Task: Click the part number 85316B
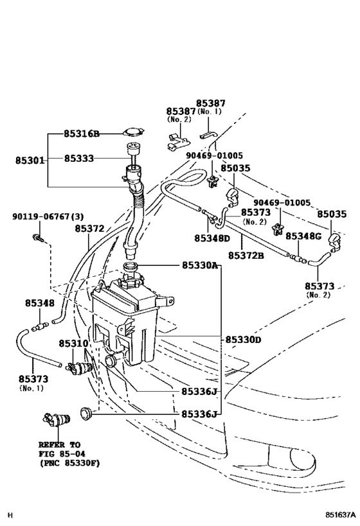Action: click(81, 134)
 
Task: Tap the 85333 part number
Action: click(81, 158)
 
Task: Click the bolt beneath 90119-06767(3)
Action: click(37, 240)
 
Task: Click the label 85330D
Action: click(243, 339)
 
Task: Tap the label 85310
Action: click(73, 344)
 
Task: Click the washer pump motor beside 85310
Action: click(80, 367)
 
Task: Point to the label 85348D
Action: click(212, 238)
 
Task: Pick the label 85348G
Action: click(303, 236)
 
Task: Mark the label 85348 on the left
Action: click(40, 302)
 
